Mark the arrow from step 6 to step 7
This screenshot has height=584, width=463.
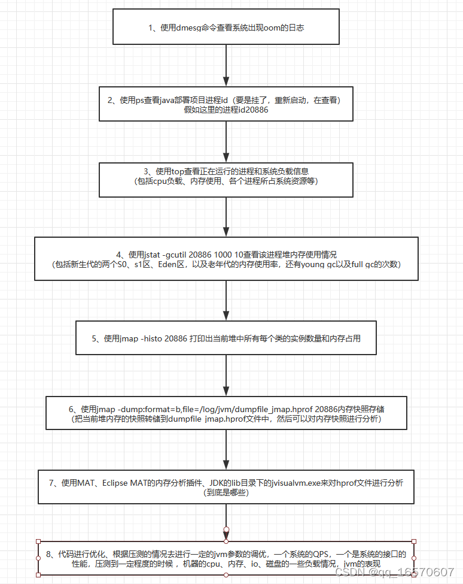[x=226, y=449]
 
